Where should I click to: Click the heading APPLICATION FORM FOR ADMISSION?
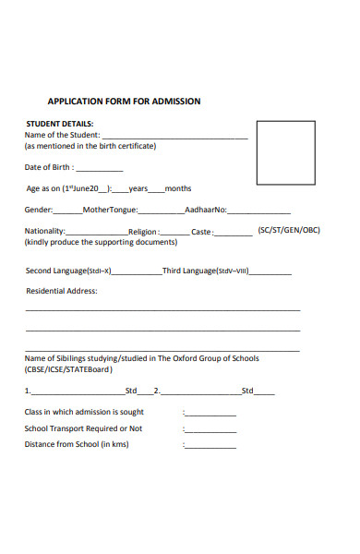click(124, 102)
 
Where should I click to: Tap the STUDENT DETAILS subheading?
click(59, 124)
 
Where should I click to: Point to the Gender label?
click(39, 210)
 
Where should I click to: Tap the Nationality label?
click(44, 231)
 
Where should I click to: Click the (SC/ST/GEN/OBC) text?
click(289, 230)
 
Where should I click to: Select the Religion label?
click(143, 232)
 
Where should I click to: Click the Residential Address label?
click(61, 291)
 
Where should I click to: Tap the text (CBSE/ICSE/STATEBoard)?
click(69, 369)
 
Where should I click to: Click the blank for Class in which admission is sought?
click(210, 415)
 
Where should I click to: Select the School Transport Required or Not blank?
click(210, 430)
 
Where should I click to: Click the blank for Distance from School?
click(210, 447)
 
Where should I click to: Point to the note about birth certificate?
click(90, 146)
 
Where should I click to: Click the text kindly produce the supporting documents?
click(101, 242)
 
